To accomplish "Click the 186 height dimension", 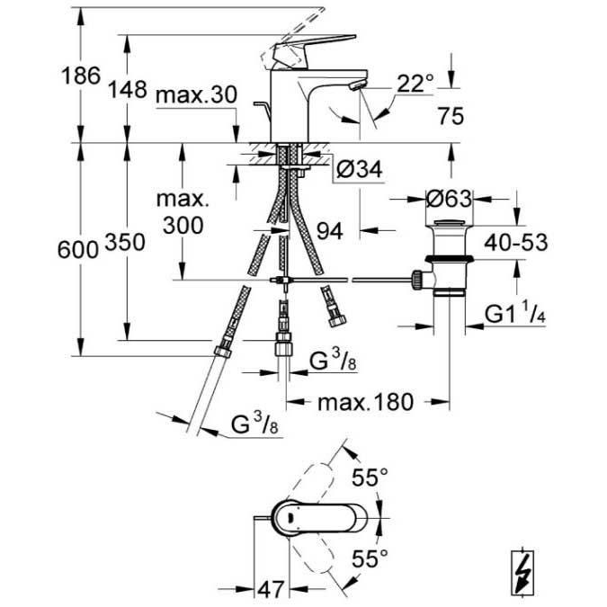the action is click(x=81, y=76).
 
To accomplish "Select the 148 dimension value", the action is click(x=127, y=89).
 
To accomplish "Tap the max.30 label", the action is click(x=196, y=94).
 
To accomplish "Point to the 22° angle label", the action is click(x=415, y=83).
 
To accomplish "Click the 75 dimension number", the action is click(x=451, y=116).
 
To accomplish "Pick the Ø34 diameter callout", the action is click(x=359, y=169).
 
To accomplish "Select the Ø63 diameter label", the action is click(x=449, y=199).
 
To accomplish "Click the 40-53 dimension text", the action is click(x=516, y=243).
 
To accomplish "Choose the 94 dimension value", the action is click(x=330, y=231).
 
